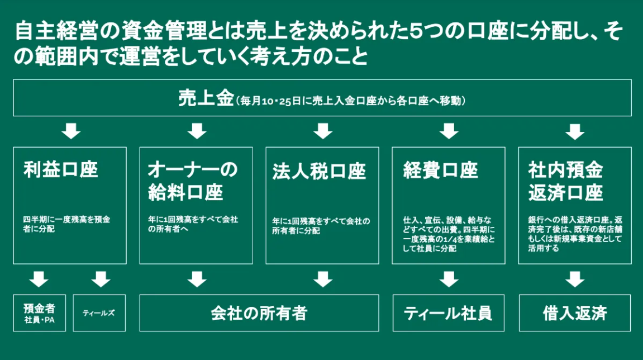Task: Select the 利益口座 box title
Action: pyautogui.click(x=61, y=170)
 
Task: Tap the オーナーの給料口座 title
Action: pyautogui.click(x=192, y=181)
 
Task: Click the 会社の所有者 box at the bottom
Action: pyautogui.click(x=259, y=313)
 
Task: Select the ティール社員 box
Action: pyautogui.click(x=448, y=313)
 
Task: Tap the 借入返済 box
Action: pyautogui.click(x=575, y=313)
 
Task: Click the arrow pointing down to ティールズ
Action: pyautogui.click(x=101, y=279)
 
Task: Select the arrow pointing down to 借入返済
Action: pyautogui.click(x=575, y=279)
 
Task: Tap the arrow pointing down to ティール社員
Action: pyautogui.click(x=448, y=279)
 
